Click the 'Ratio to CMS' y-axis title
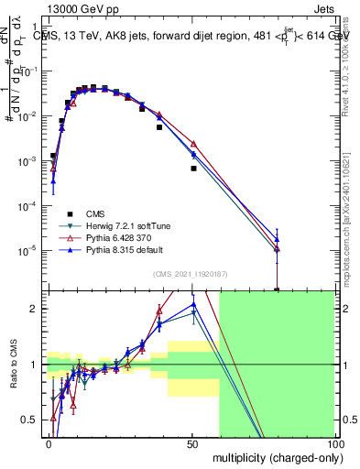point(13,365)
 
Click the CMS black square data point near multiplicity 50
point(193,169)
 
